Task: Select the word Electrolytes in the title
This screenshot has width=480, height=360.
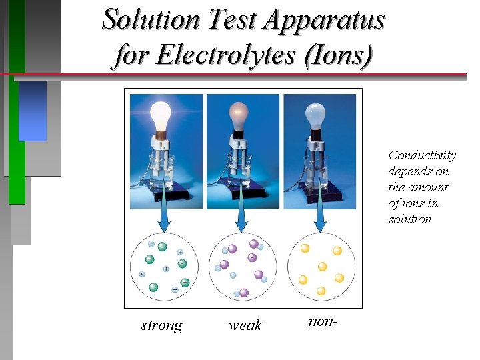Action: click(207, 55)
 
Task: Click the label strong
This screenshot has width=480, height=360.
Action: click(161, 325)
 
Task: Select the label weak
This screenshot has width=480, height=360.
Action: click(245, 325)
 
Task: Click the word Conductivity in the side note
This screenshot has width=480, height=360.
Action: click(422, 155)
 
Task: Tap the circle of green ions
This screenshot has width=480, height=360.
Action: click(163, 267)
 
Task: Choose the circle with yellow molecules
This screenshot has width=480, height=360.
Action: click(321, 267)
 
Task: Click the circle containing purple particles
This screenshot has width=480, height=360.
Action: click(242, 267)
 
